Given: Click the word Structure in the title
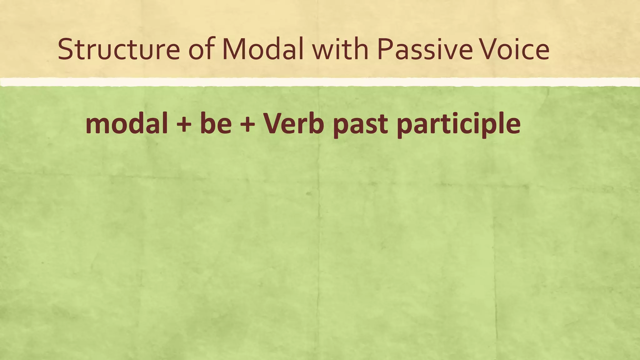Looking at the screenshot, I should (x=119, y=49).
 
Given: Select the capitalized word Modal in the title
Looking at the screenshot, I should (x=263, y=49).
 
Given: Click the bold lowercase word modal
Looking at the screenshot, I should (x=127, y=124).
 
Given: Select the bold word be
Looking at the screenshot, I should (x=216, y=124).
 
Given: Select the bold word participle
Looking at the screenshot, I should (x=458, y=125).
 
